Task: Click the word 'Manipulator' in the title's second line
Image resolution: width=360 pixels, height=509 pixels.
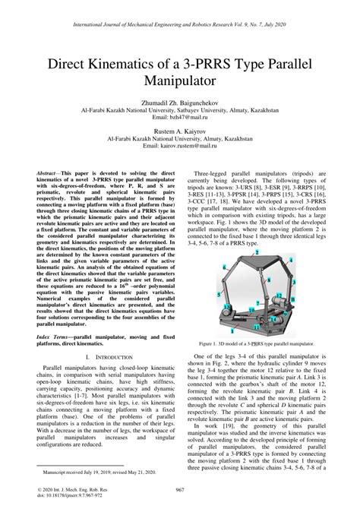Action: coord(180,79)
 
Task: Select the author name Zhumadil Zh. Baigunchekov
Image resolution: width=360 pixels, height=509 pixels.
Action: coord(180,101)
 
